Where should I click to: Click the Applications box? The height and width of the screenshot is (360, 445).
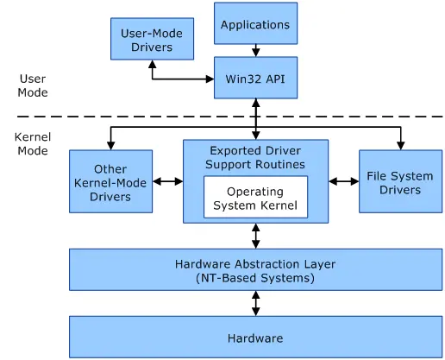click(x=255, y=24)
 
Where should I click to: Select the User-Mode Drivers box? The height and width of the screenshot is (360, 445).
click(x=152, y=39)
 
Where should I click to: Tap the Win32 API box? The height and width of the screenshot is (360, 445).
click(x=255, y=79)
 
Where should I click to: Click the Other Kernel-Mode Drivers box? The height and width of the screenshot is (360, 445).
click(x=110, y=182)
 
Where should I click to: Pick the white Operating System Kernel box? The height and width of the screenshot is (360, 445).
click(x=255, y=198)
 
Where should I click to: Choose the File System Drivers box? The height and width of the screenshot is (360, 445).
click(x=399, y=182)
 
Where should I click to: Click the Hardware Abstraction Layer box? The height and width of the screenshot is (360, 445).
click(x=255, y=270)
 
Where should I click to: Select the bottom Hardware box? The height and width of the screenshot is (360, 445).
click(x=255, y=338)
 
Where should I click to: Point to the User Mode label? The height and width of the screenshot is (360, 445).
click(x=34, y=85)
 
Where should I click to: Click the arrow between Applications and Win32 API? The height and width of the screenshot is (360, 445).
click(x=255, y=52)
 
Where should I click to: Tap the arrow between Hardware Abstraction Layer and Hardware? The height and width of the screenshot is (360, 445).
click(x=255, y=303)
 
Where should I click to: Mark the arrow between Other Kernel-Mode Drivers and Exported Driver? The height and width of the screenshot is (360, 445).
click(x=167, y=182)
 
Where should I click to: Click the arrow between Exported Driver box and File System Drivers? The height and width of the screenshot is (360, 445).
click(x=343, y=182)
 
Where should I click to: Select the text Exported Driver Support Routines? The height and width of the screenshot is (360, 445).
click(x=255, y=157)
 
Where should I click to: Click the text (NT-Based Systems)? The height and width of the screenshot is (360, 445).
click(x=255, y=278)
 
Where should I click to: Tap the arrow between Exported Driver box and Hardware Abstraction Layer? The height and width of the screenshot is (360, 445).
click(x=255, y=235)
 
